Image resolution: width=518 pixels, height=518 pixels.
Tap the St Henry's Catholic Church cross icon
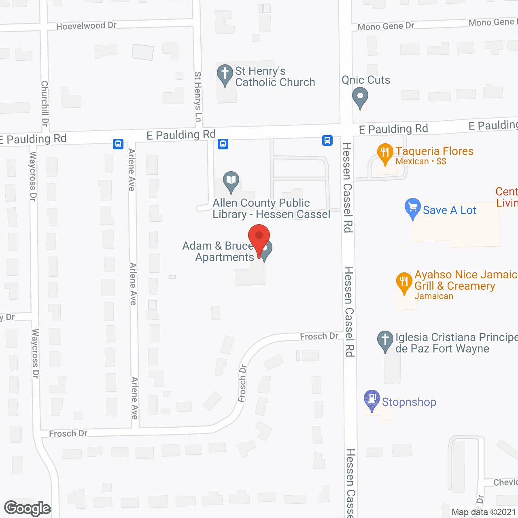pos(225,74)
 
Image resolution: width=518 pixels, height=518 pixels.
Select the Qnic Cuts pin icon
pos(360,98)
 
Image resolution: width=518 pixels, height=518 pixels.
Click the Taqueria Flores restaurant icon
pos(385,153)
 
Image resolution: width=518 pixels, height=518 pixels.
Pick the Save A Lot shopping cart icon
pos(412,208)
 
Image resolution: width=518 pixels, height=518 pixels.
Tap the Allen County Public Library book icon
pos(231,181)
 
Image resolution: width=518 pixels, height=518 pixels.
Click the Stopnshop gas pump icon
pos(372,399)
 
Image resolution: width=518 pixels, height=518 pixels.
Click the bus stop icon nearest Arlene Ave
pos(118,144)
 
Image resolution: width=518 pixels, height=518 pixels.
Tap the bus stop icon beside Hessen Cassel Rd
pos(327,140)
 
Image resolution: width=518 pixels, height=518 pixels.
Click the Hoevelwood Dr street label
pos(86,26)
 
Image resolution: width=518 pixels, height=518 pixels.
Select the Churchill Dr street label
pos(45,103)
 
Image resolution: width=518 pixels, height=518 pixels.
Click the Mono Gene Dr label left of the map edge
pos(386,26)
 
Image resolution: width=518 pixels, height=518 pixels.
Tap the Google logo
pos(27,508)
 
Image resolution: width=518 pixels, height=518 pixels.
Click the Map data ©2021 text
pos(484,512)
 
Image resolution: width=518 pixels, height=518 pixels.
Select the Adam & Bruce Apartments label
pos(219,251)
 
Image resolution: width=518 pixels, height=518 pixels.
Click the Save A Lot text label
pos(449,210)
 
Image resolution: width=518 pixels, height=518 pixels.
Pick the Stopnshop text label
pos(409,402)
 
